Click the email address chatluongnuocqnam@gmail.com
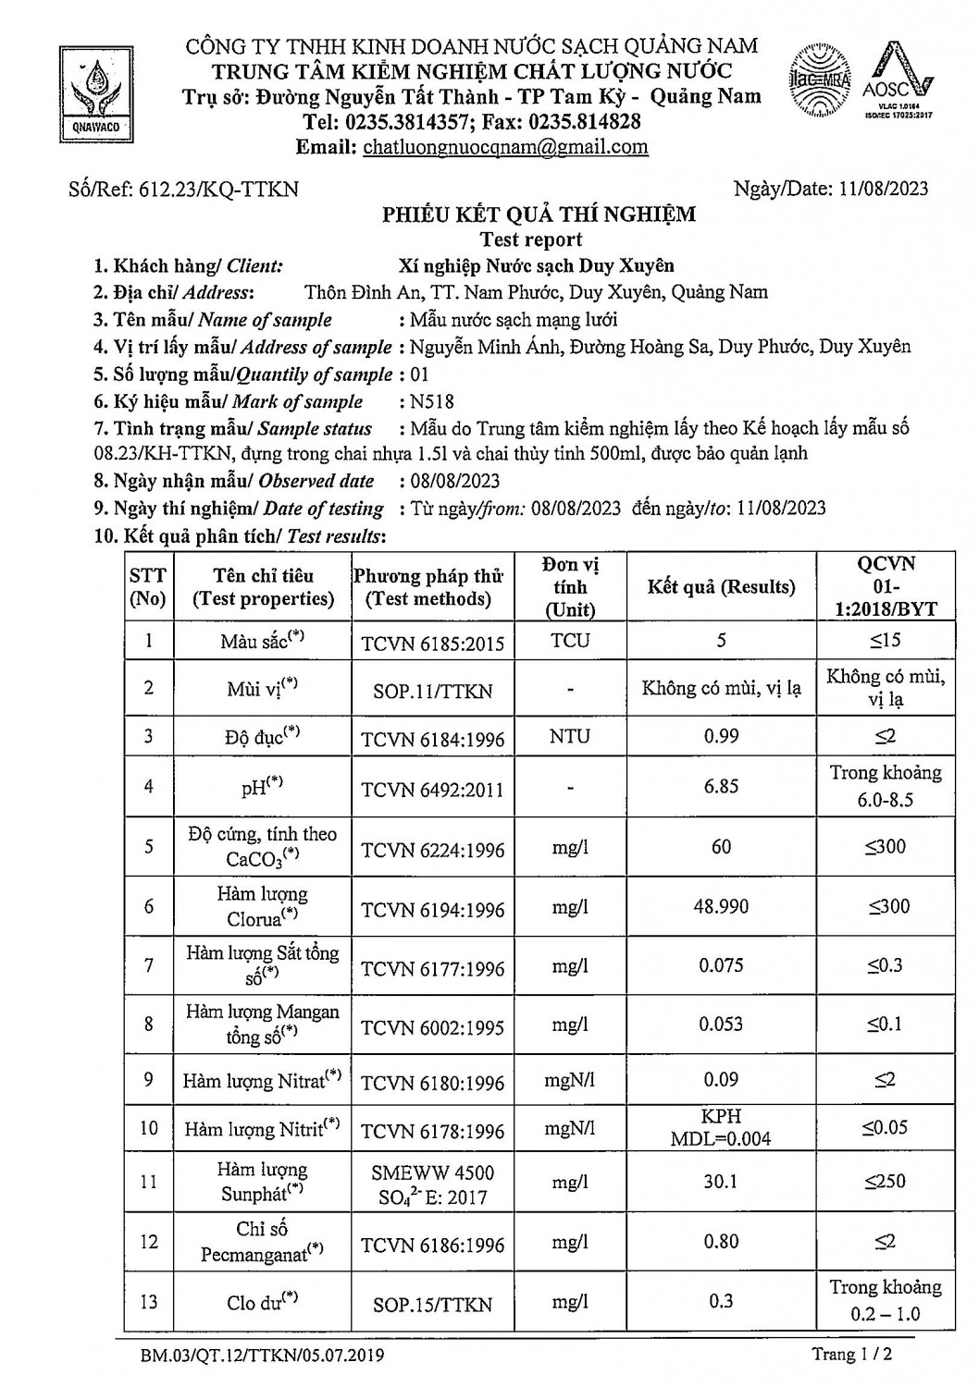504,147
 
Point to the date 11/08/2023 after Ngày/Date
884,189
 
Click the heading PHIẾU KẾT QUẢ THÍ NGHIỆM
539,215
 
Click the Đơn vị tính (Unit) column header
570,587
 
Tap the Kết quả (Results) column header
721,587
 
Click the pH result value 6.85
721,786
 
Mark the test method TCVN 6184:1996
433,738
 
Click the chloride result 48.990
721,907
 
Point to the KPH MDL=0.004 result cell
721,1127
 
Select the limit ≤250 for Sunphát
885,1182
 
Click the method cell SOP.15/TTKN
433,1304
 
